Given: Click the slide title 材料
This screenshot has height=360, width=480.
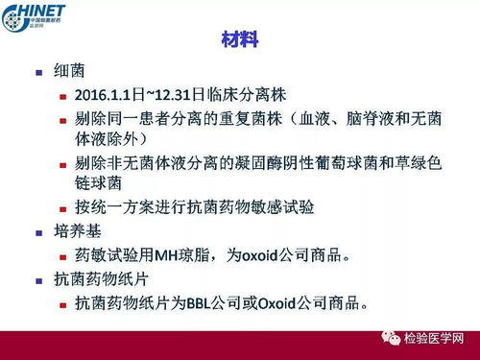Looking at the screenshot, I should pyautogui.click(x=239, y=41).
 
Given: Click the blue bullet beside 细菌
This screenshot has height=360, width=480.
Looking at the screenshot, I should pyautogui.click(x=37, y=74).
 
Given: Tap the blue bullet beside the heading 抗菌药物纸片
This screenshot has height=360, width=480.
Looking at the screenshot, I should pyautogui.click(x=37, y=282).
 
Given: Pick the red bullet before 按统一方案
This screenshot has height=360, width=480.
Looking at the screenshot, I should pyautogui.click(x=63, y=207).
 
